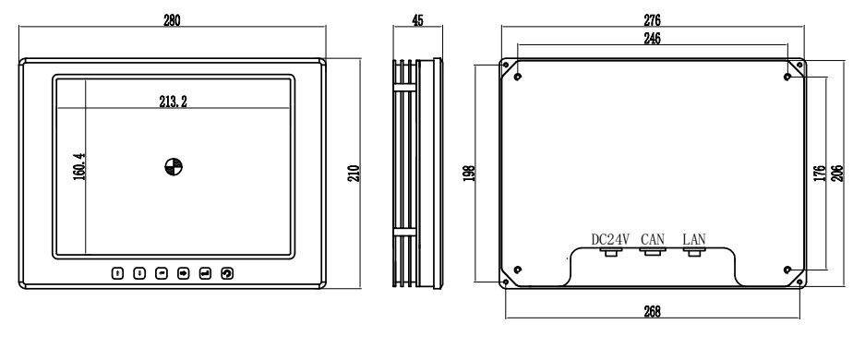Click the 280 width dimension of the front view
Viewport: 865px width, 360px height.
(172, 20)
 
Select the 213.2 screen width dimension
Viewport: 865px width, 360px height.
(174, 102)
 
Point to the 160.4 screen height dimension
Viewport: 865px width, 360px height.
(78, 166)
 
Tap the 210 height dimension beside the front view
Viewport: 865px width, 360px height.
(354, 174)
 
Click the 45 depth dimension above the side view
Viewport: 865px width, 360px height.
(417, 20)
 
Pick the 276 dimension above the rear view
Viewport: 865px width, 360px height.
(652, 20)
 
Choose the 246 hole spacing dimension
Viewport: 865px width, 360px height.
(652, 38)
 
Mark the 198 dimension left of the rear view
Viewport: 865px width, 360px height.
(470, 174)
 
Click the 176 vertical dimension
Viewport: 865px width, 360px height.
(820, 174)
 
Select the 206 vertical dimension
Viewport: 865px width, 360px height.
(837, 174)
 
